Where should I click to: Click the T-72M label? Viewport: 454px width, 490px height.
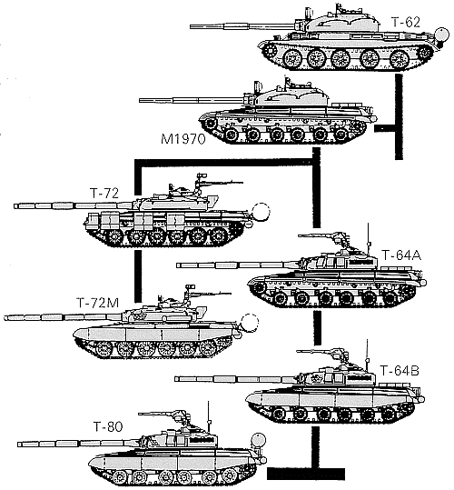click(x=104, y=303)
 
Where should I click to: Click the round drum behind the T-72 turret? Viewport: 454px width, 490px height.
click(x=262, y=211)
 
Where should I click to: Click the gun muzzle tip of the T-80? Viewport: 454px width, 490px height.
click(x=18, y=444)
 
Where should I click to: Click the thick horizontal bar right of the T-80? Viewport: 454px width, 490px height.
click(x=306, y=474)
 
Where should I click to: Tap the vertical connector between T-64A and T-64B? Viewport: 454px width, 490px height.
click(x=317, y=327)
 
